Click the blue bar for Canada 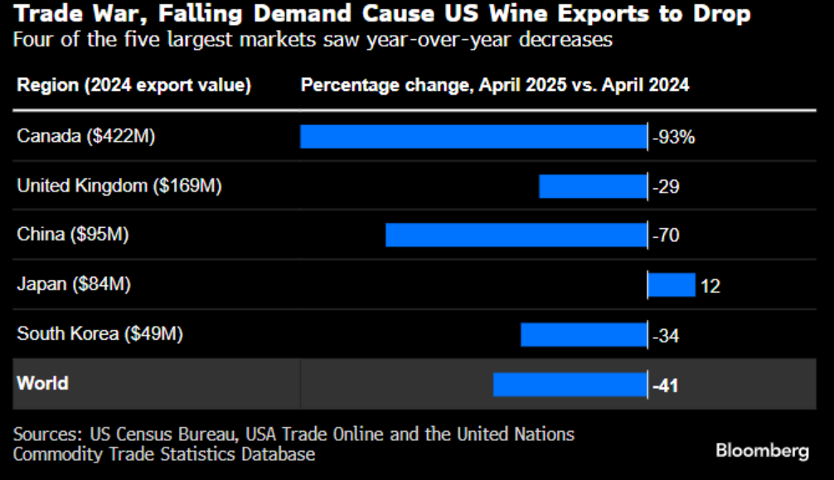click(473, 137)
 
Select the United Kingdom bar click(593, 187)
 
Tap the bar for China click(516, 235)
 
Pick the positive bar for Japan click(672, 285)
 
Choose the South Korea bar click(584, 335)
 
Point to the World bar click(570, 385)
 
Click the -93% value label click(673, 138)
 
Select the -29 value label click(666, 187)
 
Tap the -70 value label click(666, 236)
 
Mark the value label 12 click(710, 286)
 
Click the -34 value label click(666, 336)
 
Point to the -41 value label click(666, 385)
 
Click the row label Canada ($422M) click(86, 137)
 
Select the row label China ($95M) click(73, 235)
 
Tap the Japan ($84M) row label click(74, 284)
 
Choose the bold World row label click(42, 384)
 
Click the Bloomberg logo click(762, 452)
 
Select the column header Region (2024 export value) click(134, 86)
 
